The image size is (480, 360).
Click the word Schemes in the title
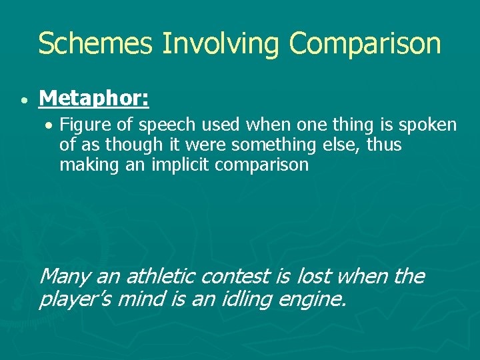click(x=96, y=44)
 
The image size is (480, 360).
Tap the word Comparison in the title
click(x=365, y=44)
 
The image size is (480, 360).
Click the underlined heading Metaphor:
click(x=94, y=99)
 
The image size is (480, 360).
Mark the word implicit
click(x=181, y=165)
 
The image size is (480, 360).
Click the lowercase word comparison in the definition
click(x=262, y=165)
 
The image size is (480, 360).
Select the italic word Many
click(x=66, y=276)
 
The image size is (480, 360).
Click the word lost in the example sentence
click(x=311, y=276)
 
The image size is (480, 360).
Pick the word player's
click(x=75, y=299)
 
